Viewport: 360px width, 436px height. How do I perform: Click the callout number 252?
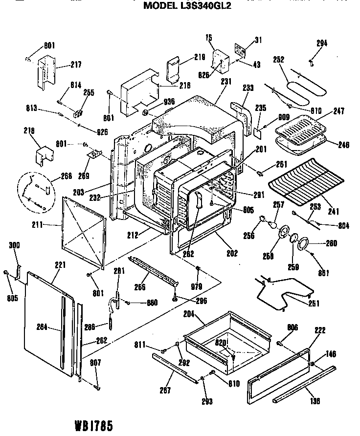tap(278, 59)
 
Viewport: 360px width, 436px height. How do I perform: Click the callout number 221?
tap(60, 265)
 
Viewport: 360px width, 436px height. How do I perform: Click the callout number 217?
tap(76, 65)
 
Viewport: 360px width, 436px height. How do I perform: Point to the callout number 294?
tap(321, 43)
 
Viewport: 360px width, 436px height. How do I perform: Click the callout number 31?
tap(258, 41)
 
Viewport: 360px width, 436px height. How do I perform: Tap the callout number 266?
tap(140, 287)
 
